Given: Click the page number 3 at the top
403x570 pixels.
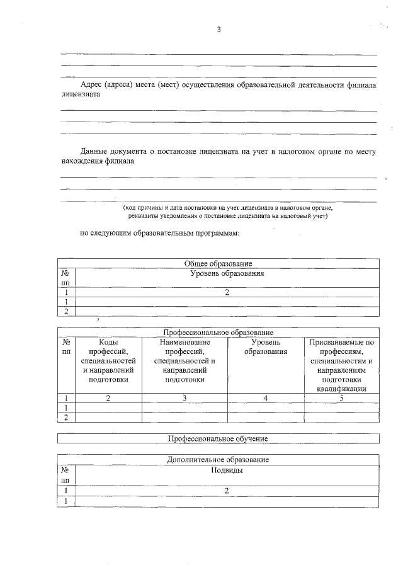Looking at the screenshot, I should tap(219, 30).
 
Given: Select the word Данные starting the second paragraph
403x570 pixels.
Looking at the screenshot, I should tap(94, 151).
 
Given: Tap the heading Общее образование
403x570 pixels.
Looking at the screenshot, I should tap(219, 263).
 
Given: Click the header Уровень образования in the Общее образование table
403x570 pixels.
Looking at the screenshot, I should tap(227, 274).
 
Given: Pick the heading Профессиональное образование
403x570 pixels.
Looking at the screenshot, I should tap(219, 332).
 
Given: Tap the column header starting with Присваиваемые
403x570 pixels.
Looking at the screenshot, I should tap(342, 343).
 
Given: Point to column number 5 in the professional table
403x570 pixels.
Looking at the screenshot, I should tap(342, 397).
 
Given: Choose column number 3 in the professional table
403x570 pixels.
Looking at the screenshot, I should tap(184, 397).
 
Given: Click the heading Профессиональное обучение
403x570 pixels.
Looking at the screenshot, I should tap(219, 438).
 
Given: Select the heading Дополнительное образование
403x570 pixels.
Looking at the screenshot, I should tap(219, 460).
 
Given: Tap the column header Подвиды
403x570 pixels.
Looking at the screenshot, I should tap(227, 470).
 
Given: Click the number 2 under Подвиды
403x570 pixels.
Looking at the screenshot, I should tap(227, 490).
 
